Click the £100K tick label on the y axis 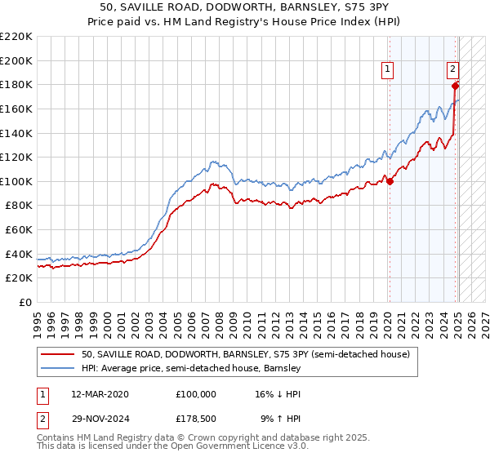[x=16, y=181]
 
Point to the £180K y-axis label [x=16, y=84]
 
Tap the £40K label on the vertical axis [x=19, y=254]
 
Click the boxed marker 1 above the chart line [x=385, y=70]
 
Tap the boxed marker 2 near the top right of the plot [x=452, y=70]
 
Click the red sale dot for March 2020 [x=390, y=181]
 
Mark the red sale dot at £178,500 [x=456, y=86]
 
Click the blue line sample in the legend [x=58, y=368]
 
